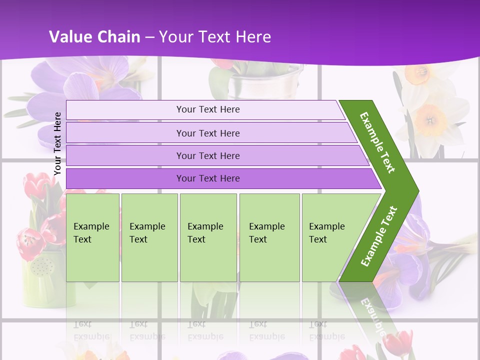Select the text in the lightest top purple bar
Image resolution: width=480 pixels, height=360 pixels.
208,109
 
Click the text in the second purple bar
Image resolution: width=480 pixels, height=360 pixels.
208,133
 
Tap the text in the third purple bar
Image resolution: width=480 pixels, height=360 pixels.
208,156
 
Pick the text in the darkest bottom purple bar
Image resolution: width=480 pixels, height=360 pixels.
208,178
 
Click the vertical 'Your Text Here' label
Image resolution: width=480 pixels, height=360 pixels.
57,143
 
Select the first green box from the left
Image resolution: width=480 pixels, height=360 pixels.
92,237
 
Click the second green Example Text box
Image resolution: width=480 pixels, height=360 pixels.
149,237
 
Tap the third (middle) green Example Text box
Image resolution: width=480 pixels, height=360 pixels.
207,237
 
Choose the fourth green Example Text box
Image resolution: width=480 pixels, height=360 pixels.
269,237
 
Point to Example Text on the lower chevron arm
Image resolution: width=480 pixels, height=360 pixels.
378,236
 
